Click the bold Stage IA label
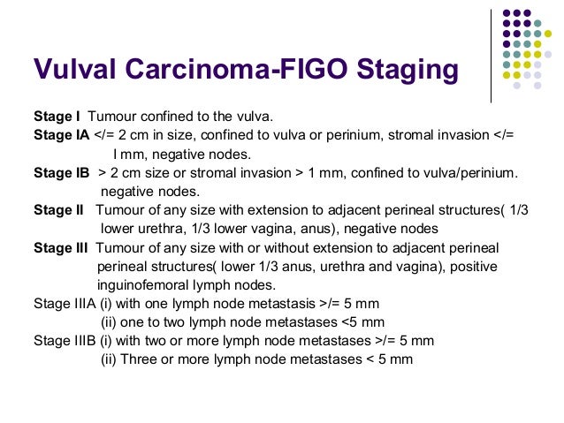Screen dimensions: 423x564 point(61,135)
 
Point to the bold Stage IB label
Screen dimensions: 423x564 point(61,172)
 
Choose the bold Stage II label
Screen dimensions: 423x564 point(58,210)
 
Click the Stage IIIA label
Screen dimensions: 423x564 point(63,304)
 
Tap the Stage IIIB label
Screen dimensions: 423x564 point(63,341)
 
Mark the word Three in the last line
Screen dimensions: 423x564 point(137,359)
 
